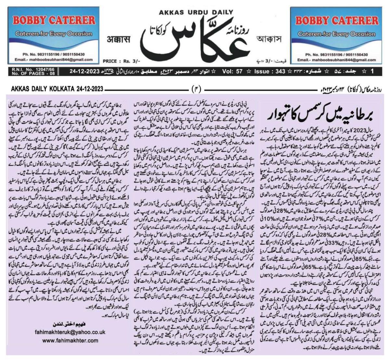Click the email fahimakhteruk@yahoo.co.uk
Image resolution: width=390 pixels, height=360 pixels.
coord(70,332)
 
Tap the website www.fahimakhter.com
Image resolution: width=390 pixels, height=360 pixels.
coord(70,340)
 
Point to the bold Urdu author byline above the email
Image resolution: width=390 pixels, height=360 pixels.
coord(70,324)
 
